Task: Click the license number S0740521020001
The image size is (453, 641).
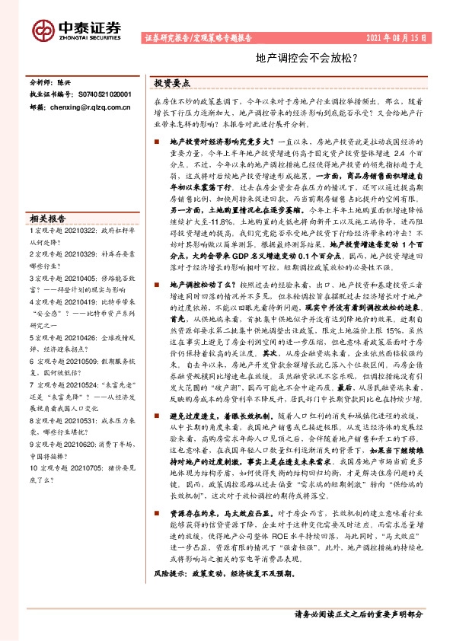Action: click(x=104, y=94)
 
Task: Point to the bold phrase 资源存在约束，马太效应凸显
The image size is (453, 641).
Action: click(x=219, y=512)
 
